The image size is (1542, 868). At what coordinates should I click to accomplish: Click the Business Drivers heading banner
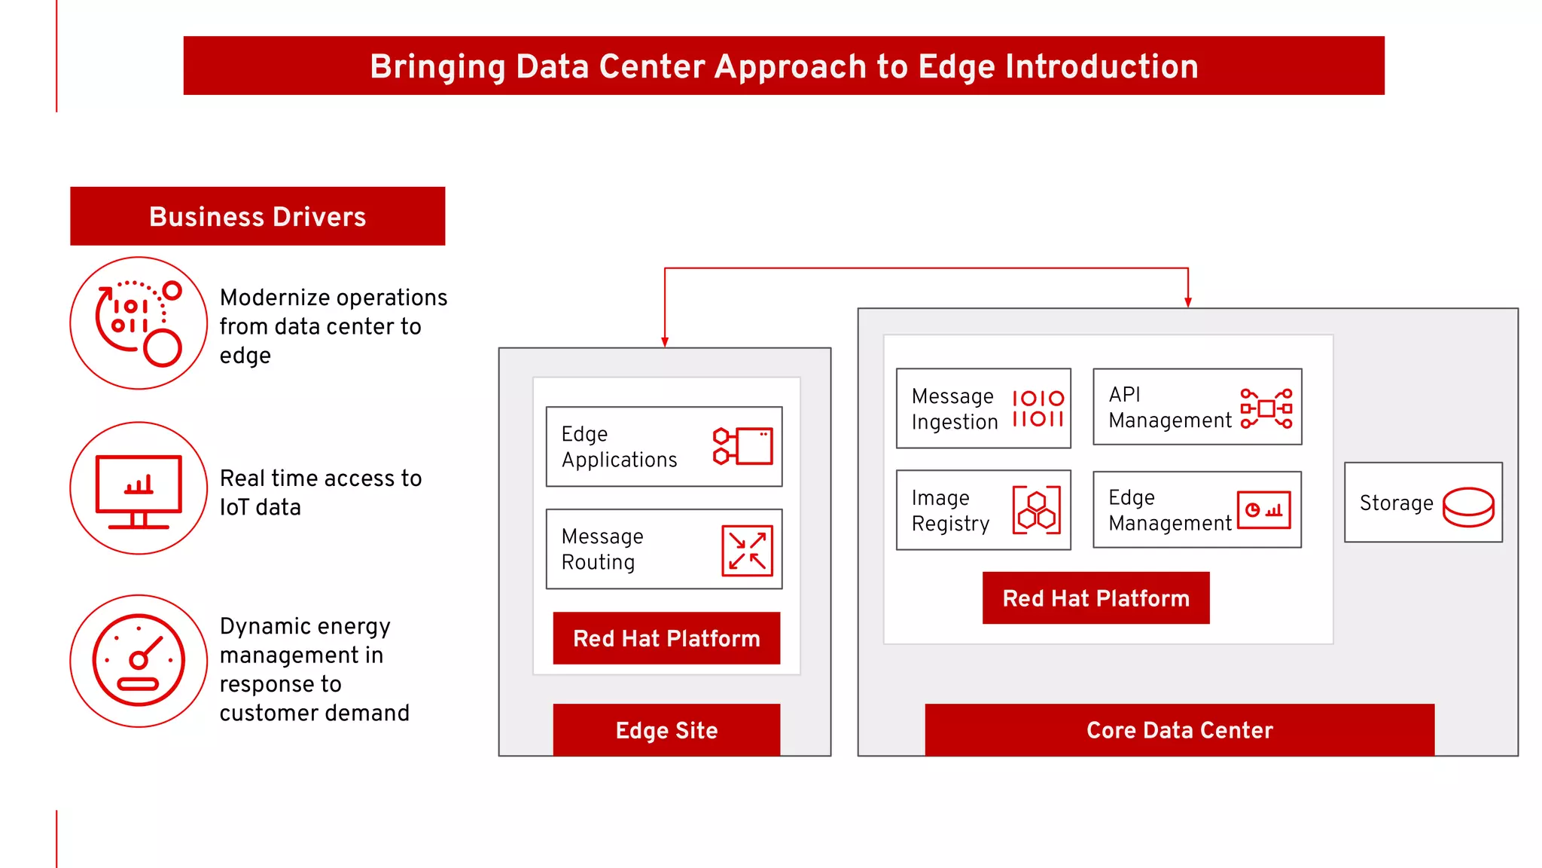point(258,216)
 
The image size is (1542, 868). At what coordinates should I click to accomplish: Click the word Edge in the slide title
point(957,67)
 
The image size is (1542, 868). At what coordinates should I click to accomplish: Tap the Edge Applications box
point(663,447)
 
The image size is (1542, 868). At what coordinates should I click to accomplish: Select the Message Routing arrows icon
point(747,551)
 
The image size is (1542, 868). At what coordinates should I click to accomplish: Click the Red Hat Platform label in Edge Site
point(666,638)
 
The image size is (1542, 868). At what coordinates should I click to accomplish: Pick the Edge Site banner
point(666,730)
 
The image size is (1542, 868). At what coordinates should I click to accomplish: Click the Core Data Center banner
point(1179,730)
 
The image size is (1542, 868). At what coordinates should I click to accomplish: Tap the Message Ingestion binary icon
point(1038,408)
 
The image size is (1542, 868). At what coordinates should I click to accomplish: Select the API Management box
point(1196,407)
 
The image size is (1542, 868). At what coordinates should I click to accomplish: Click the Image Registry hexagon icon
point(1036,510)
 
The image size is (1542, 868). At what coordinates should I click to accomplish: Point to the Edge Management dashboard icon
point(1263,510)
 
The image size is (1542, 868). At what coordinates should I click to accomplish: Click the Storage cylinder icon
point(1467,506)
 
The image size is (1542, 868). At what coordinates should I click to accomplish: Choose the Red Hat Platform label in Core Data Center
point(1096,598)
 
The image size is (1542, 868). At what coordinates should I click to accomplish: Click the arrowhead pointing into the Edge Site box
point(665,342)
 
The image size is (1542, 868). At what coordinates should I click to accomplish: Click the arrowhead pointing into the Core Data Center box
point(1188,302)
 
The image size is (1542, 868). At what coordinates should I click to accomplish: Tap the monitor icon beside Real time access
point(139,490)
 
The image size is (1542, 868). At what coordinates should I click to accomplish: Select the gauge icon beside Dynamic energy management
point(139,661)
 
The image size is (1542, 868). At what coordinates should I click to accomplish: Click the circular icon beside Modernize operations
point(139,323)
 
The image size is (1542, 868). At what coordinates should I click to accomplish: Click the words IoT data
point(260,507)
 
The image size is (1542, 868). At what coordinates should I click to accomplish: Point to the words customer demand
point(314,713)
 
